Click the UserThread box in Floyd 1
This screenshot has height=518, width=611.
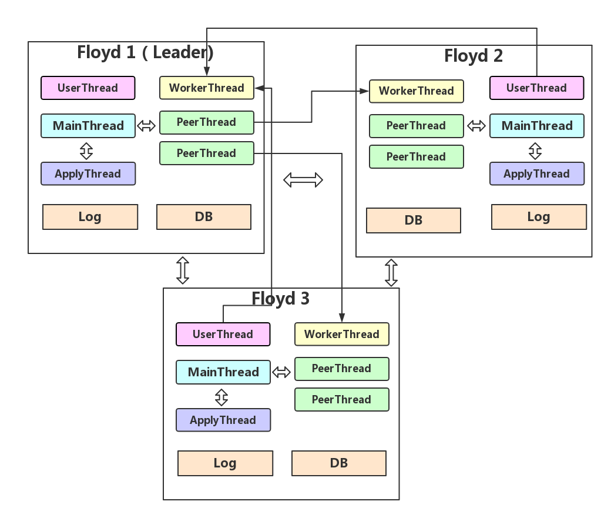pyautogui.click(x=88, y=88)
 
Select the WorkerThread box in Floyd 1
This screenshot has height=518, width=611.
pyautogui.click(x=206, y=88)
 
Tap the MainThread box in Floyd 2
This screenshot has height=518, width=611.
pyautogui.click(x=536, y=126)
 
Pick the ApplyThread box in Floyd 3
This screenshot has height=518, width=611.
pyautogui.click(x=223, y=420)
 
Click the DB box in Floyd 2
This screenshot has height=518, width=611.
pyautogui.click(x=413, y=220)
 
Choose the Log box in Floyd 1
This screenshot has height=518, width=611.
pyautogui.click(x=90, y=217)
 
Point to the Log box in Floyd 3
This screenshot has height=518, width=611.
pyautogui.click(x=225, y=463)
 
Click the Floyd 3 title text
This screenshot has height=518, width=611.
pyautogui.click(x=280, y=299)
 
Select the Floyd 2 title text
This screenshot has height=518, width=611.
pyautogui.click(x=473, y=56)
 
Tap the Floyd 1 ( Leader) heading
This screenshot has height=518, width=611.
pyautogui.click(x=145, y=52)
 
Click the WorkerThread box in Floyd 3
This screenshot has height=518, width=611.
pyautogui.click(x=341, y=335)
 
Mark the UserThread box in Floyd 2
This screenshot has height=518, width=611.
pyautogui.click(x=536, y=88)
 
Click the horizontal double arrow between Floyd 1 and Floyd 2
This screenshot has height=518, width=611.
pyautogui.click(x=303, y=179)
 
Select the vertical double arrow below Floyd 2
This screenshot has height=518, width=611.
pyautogui.click(x=391, y=273)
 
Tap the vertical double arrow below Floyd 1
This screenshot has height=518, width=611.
pyautogui.click(x=183, y=270)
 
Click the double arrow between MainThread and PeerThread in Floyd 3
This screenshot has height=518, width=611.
pyautogui.click(x=282, y=372)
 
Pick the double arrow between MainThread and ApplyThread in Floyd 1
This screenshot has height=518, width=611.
pyautogui.click(x=86, y=151)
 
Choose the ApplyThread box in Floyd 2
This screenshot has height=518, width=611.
pyautogui.click(x=536, y=174)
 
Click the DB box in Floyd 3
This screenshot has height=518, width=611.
pyautogui.click(x=338, y=463)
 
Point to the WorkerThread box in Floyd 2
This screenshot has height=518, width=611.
pyautogui.click(x=416, y=91)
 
